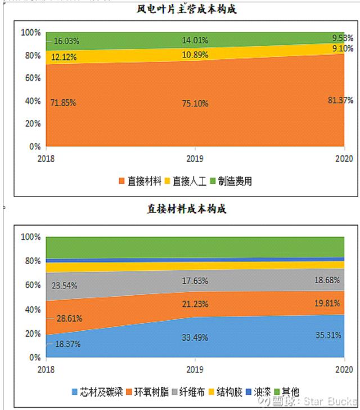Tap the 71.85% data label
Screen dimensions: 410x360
coord(64,103)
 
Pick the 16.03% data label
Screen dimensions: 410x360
coord(66,42)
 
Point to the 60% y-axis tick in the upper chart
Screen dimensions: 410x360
coord(31,78)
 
